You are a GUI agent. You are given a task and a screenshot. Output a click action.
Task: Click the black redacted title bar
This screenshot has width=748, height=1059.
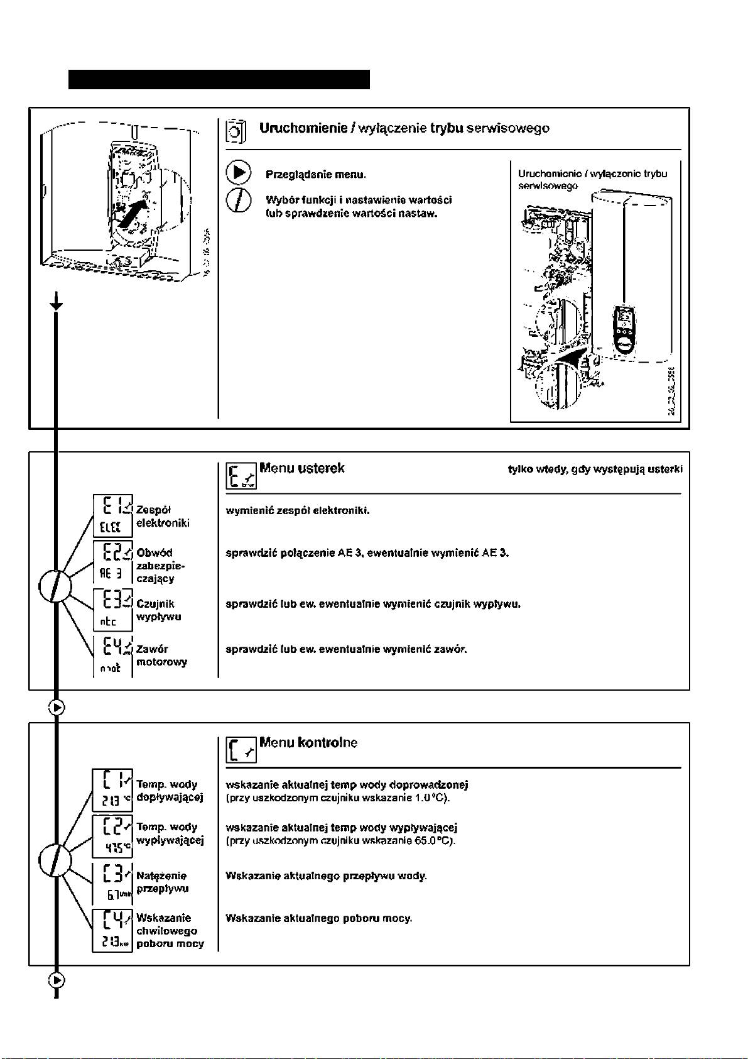pyautogui.click(x=219, y=80)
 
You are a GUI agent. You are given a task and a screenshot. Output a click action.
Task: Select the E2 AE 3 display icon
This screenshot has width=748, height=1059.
pyautogui.click(x=112, y=561)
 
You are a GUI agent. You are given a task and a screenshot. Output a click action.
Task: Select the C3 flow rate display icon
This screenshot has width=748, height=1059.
pyautogui.click(x=112, y=882)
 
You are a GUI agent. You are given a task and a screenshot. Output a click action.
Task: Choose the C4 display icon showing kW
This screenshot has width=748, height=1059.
pyautogui.click(x=112, y=930)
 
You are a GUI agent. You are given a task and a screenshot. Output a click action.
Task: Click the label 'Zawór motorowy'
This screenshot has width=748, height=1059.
pyautogui.click(x=161, y=656)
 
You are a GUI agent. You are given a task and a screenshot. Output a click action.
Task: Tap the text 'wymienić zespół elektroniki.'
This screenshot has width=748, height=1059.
pyautogui.click(x=297, y=510)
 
